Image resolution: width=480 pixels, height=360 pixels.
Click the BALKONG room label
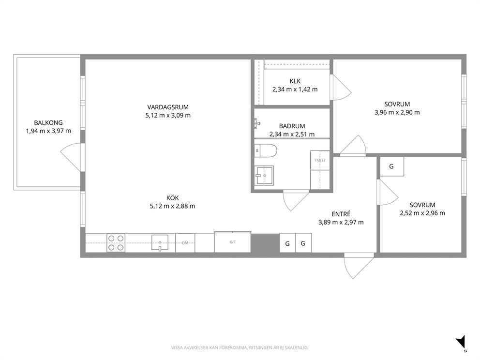point(48,123)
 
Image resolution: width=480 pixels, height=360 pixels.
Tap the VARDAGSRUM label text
point(168,107)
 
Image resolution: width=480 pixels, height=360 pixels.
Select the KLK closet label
point(295,81)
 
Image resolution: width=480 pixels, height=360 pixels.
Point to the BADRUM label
point(292,126)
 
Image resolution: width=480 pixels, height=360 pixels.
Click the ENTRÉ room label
point(341,214)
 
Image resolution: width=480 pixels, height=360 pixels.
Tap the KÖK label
point(173,198)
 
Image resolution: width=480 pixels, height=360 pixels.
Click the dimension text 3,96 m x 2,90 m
point(397,112)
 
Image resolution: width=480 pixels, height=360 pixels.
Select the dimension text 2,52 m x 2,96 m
point(422,213)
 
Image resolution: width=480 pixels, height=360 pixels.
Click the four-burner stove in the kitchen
point(116,243)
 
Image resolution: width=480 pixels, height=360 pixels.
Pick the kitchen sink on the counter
point(160,242)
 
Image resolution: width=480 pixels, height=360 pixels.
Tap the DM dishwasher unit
point(185,243)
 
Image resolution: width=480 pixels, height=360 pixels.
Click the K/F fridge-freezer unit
point(232,242)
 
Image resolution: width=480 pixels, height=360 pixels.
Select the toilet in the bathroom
point(266,151)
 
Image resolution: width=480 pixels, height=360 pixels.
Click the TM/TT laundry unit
point(320,160)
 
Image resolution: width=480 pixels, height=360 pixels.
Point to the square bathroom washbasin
point(265,176)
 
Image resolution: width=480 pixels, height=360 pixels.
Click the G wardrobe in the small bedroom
point(392,166)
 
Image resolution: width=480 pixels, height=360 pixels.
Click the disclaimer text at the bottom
point(240,348)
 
